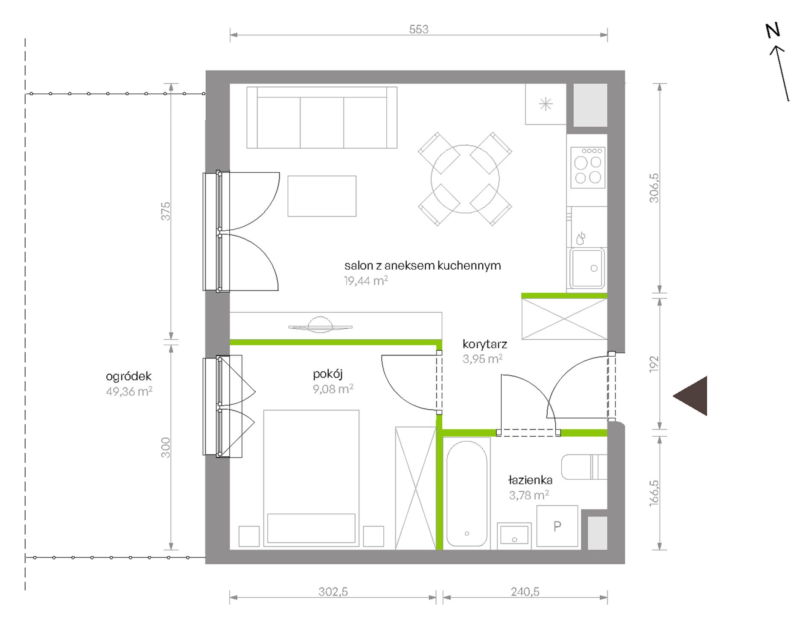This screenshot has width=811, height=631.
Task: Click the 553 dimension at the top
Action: coord(418,29)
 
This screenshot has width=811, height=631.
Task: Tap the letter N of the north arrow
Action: coord(773,31)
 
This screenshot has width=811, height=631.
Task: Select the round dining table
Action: coord(465,179)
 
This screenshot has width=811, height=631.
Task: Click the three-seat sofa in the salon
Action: coord(322,117)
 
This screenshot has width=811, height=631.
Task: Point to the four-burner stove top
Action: coord(588,167)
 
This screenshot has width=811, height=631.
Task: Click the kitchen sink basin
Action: coord(587,268)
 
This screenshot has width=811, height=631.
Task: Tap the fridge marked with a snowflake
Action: coord(546,104)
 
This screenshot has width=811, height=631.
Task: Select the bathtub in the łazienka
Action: coord(467,493)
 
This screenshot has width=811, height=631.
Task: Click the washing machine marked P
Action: coord(557,526)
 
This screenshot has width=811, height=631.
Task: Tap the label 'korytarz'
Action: coord(484,344)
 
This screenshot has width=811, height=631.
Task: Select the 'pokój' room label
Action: coord(328,374)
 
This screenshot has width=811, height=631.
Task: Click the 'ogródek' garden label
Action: coord(128,376)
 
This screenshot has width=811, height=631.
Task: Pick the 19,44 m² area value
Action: coord(366,281)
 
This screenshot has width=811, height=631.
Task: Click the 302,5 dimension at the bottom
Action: coord(333,592)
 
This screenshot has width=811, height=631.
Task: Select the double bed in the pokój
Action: coord(311,478)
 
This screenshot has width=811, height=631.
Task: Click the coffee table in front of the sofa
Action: coord(322,196)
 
